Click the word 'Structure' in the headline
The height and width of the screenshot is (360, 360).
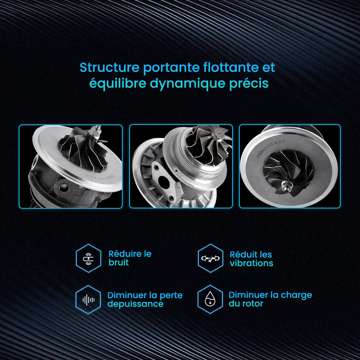[x=109, y=68]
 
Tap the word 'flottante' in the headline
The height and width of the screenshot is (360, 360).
[x=231, y=68]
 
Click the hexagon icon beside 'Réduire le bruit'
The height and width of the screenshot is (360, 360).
[x=89, y=258]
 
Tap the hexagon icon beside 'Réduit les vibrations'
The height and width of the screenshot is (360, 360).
[x=210, y=258]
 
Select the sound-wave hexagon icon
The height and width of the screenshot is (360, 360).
[x=89, y=300]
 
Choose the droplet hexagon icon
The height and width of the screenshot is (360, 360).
[x=210, y=300]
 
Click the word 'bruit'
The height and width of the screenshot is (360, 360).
[x=118, y=262]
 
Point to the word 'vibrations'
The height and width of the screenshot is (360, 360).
[x=251, y=263]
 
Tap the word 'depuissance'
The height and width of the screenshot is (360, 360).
[x=135, y=304]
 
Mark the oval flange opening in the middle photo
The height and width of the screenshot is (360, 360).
[x=164, y=182]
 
